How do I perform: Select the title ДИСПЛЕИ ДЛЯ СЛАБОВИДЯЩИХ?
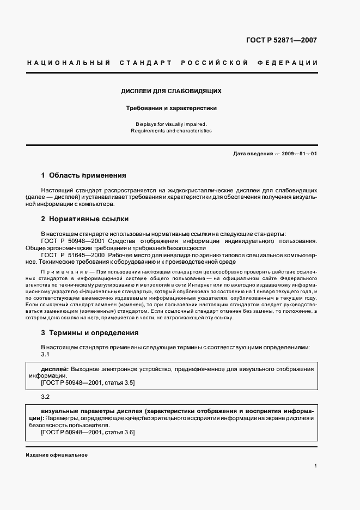(171, 92)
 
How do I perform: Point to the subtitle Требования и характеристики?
(171, 108)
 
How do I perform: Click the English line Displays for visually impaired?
(171, 124)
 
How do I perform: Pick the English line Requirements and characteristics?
(171, 131)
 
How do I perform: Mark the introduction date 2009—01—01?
(299, 154)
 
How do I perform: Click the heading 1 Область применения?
(83, 175)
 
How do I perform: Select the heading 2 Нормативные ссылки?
(84, 219)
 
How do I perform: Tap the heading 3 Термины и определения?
(89, 333)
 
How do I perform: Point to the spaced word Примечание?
(65, 271)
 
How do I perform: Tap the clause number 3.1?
(45, 355)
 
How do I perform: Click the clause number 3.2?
(45, 397)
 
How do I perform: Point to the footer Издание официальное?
(57, 455)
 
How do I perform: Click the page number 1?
(315, 466)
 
